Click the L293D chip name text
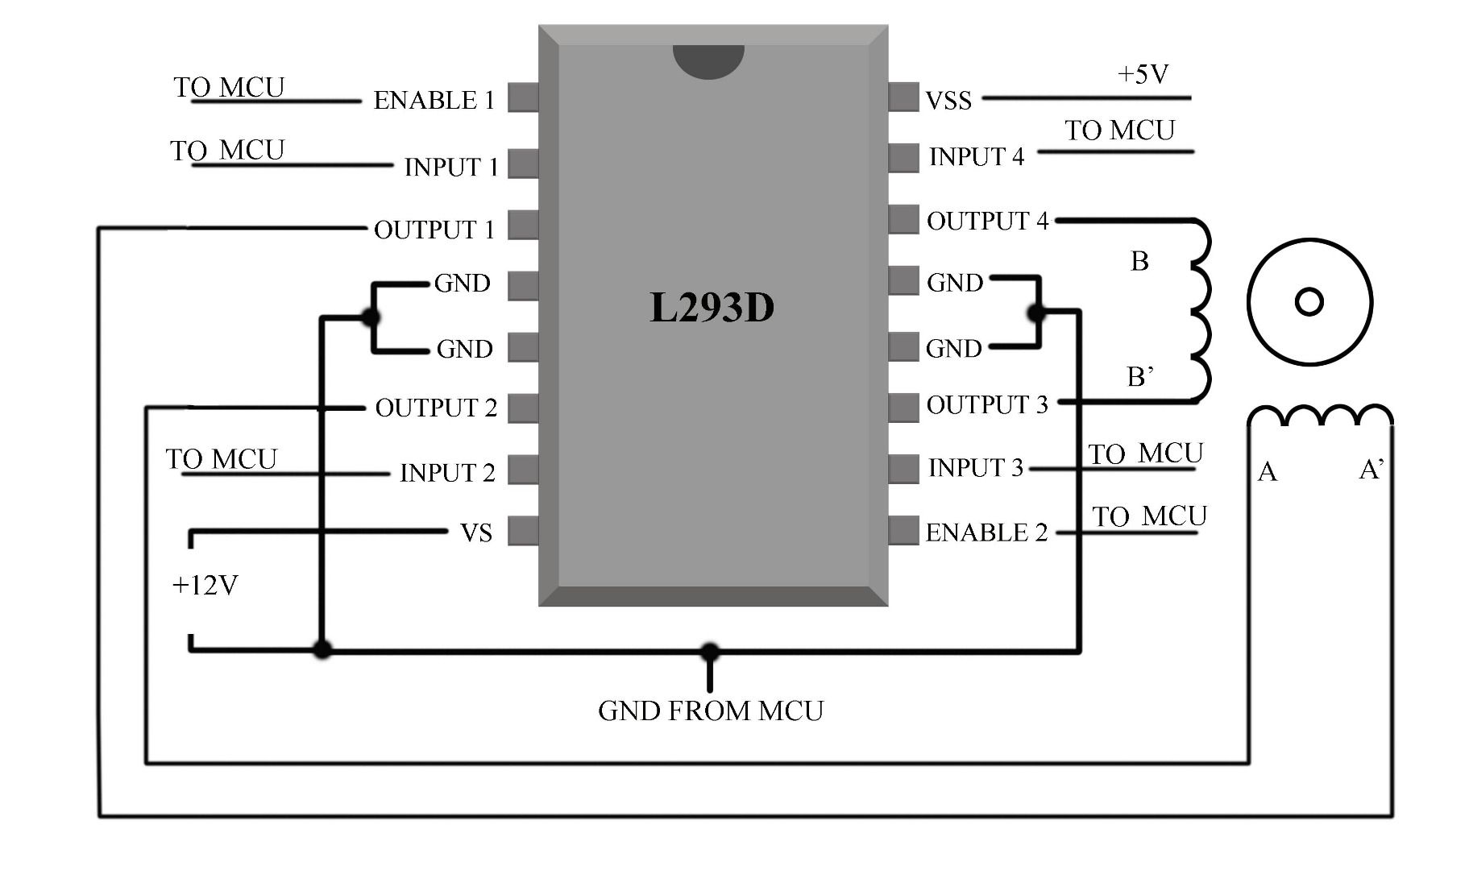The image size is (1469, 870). click(712, 308)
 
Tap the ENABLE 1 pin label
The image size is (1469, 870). click(434, 101)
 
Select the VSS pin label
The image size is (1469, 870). click(948, 101)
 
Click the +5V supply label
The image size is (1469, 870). click(1143, 75)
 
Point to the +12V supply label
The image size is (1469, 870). click(205, 586)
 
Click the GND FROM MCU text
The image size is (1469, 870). click(710, 711)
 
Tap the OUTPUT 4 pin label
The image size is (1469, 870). click(987, 221)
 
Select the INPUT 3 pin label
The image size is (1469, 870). click(975, 468)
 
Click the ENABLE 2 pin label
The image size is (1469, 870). click(986, 532)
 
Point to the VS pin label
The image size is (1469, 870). click(475, 533)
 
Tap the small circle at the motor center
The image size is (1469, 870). click(1309, 303)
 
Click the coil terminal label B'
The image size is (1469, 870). click(1139, 376)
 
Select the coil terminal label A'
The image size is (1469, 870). click(1371, 470)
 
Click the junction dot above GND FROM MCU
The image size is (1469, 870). click(710, 651)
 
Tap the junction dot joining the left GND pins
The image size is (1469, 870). click(371, 317)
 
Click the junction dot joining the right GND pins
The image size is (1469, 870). click(1037, 313)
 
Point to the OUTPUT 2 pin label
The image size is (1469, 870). click(436, 408)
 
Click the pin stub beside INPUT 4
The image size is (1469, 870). click(903, 157)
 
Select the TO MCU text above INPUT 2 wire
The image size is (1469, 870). click(222, 459)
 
